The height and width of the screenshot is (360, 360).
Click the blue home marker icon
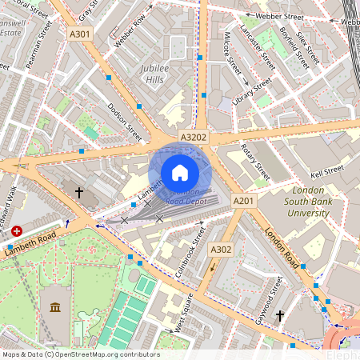[180, 172]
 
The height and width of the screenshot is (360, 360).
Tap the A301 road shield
[80, 34]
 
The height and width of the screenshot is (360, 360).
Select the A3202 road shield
[194, 138]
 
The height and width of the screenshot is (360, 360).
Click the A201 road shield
[242, 199]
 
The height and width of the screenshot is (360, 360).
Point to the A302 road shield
[221, 250]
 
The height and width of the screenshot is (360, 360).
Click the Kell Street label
[327, 170]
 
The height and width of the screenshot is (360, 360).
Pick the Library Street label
[251, 93]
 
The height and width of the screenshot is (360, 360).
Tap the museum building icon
[54, 308]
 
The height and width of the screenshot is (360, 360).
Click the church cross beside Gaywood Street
[279, 317]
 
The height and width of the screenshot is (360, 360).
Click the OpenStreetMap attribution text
[80, 354]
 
